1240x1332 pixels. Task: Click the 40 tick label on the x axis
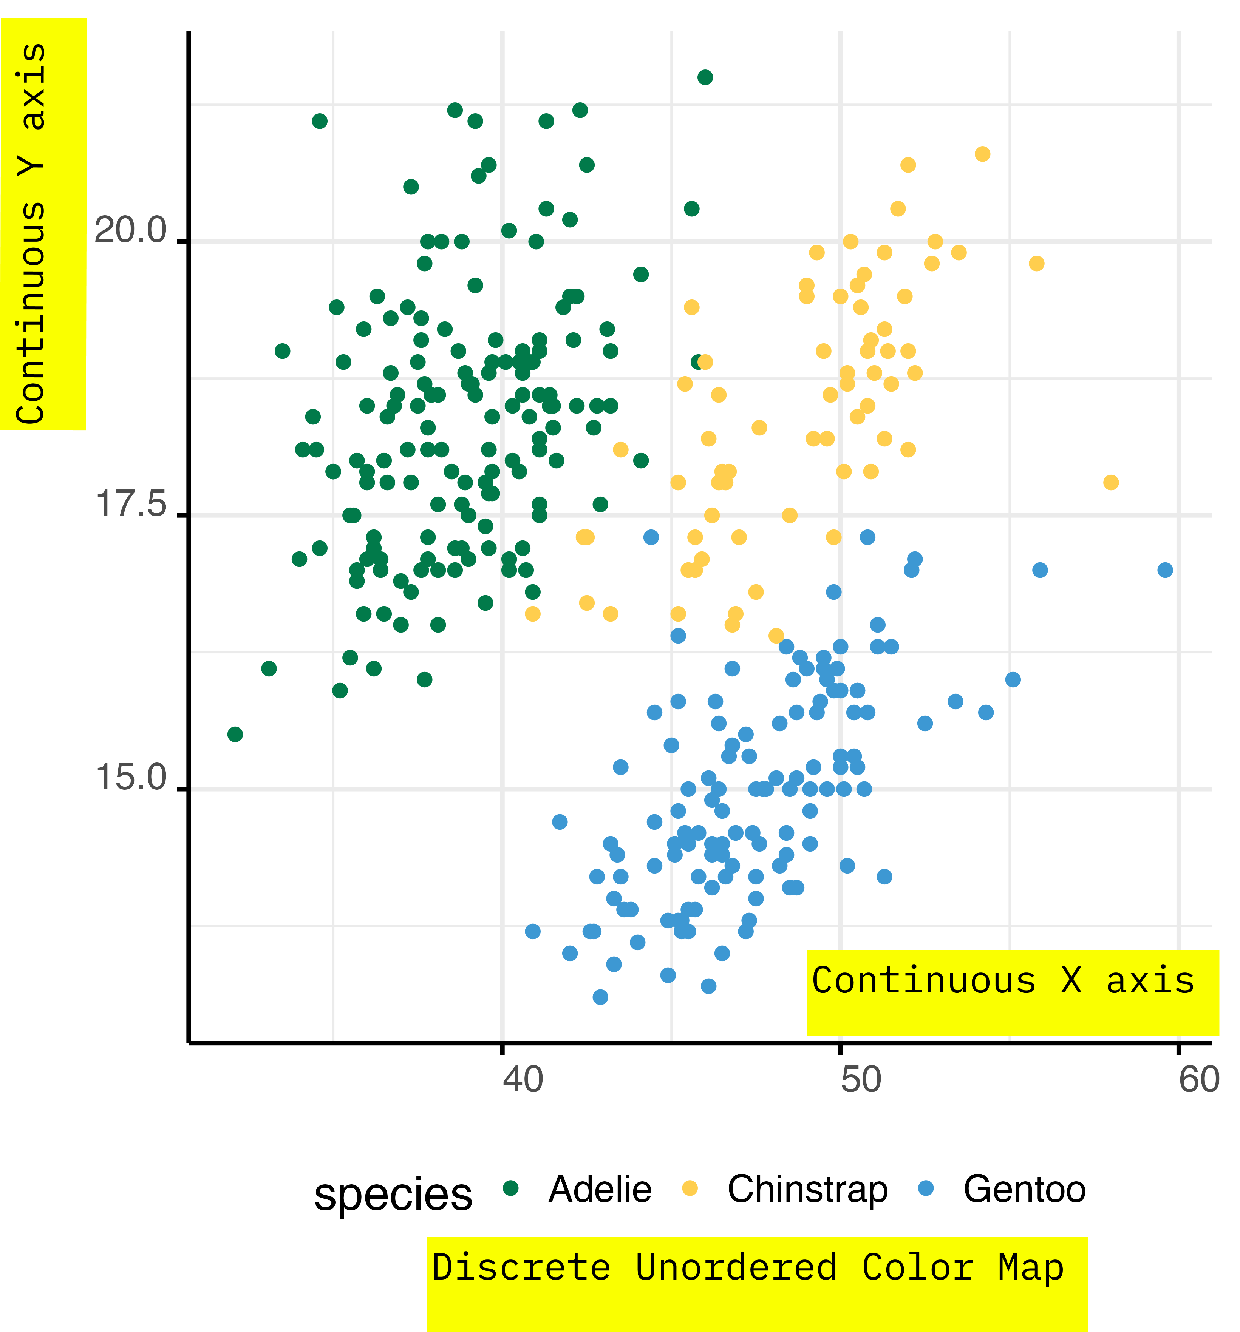click(523, 1079)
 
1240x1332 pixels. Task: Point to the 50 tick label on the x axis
click(861, 1079)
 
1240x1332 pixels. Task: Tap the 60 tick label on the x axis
click(1198, 1079)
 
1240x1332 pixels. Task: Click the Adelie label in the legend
click(600, 1189)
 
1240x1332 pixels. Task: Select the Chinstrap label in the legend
click(808, 1189)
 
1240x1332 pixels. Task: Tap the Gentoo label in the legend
click(1024, 1189)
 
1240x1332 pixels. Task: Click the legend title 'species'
click(393, 1194)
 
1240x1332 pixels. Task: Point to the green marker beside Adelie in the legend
click(511, 1188)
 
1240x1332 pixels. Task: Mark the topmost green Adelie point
click(705, 77)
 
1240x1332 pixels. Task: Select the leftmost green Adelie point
click(235, 734)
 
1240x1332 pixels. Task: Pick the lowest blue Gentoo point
click(601, 997)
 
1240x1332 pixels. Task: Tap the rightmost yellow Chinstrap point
click(1111, 482)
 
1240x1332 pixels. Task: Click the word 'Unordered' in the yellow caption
click(736, 1267)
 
